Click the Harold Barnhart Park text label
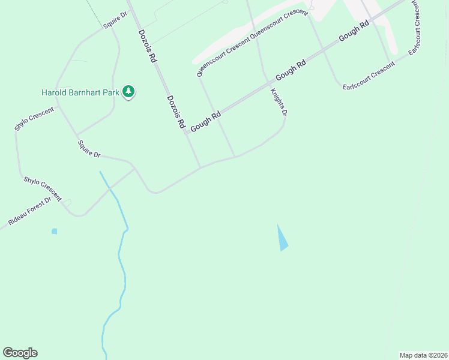click(80, 92)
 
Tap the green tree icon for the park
click(128, 92)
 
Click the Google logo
click(20, 353)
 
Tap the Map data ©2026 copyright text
click(423, 355)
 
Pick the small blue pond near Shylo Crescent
click(55, 231)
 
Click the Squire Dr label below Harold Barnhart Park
click(89, 149)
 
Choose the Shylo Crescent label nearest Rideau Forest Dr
click(43, 188)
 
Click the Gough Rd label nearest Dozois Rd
click(206, 121)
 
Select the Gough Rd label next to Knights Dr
click(291, 70)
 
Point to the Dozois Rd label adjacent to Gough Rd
click(176, 112)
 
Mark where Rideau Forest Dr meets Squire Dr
click(133, 169)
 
